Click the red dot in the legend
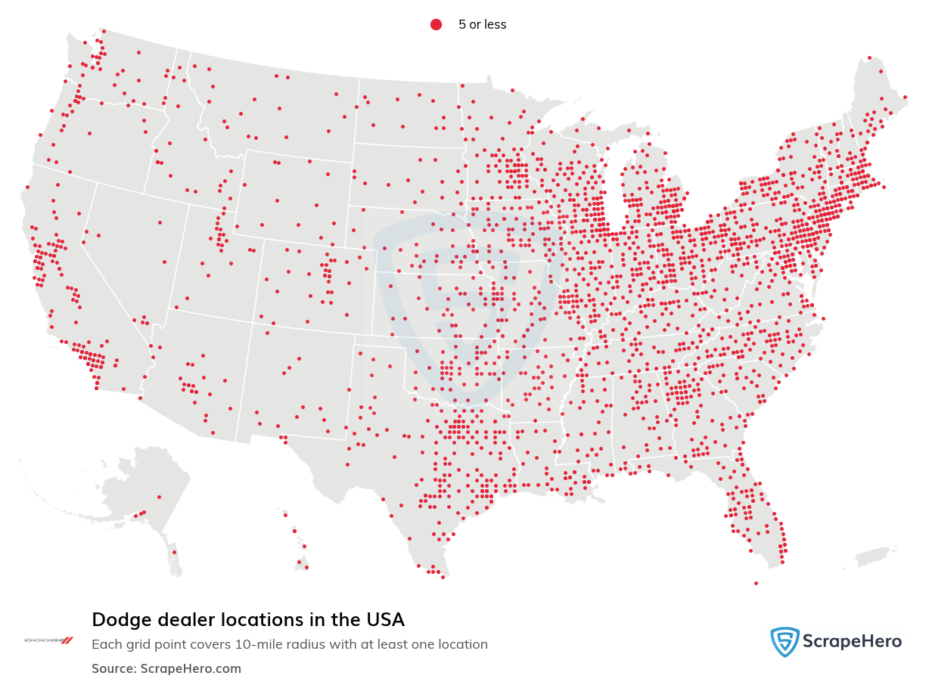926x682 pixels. [x=436, y=25]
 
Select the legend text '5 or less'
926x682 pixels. [x=482, y=25]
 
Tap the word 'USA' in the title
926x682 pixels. [x=385, y=620]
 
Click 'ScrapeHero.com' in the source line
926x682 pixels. [x=191, y=668]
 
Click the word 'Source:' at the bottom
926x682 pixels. [x=114, y=668]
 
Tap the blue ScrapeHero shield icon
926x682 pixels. [x=785, y=642]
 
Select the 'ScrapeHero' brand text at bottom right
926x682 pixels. [x=852, y=642]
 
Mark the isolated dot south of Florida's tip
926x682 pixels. [x=756, y=583]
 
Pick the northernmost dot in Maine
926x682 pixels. [x=869, y=57]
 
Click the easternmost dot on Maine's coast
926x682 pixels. [x=906, y=97]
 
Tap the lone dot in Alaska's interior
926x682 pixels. [x=159, y=497]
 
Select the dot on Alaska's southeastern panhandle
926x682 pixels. [x=174, y=552]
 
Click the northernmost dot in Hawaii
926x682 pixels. [x=284, y=515]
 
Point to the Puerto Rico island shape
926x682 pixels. [x=878, y=556]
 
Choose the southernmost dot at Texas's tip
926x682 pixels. [x=443, y=577]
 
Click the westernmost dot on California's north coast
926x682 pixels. [x=27, y=187]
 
